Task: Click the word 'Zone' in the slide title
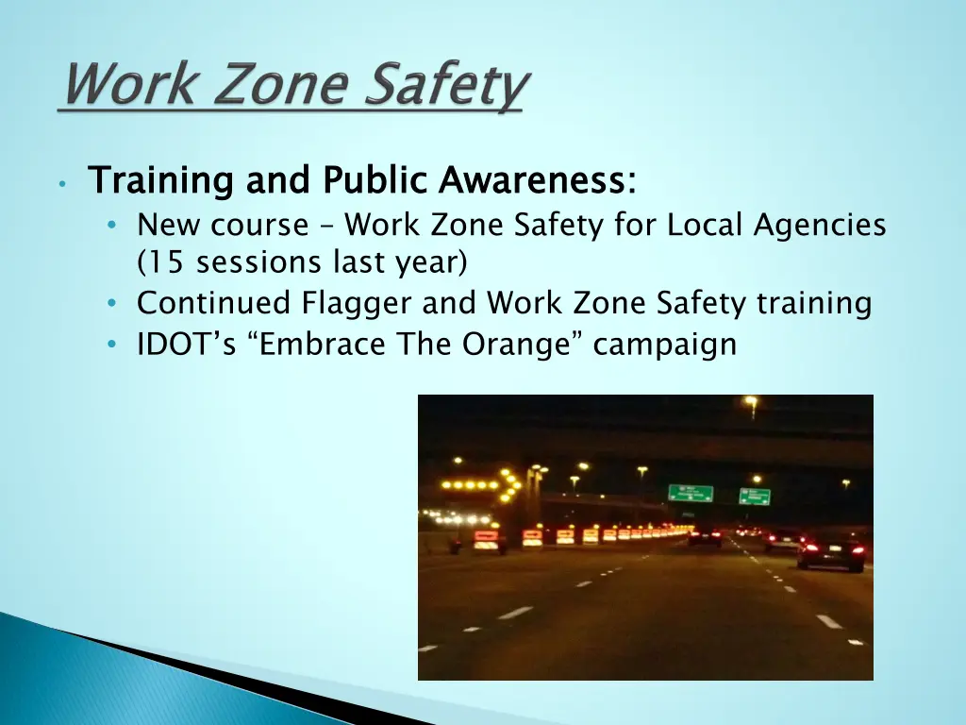click(x=267, y=87)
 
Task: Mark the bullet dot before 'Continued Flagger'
click(x=112, y=304)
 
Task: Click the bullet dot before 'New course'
click(x=112, y=227)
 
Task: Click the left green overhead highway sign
click(x=691, y=494)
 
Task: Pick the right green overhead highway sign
click(x=755, y=497)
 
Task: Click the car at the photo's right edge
click(x=830, y=552)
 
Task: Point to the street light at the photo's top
click(x=751, y=402)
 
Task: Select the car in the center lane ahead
click(x=704, y=536)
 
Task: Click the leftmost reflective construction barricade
click(x=487, y=541)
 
